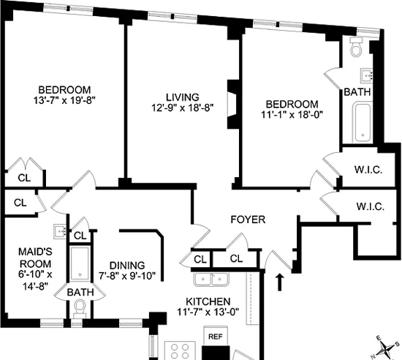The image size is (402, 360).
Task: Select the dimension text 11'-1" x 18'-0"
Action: pos(292,115)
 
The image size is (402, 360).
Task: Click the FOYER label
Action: pos(247,219)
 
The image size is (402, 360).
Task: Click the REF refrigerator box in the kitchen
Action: pos(216,337)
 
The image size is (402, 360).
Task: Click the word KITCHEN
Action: pos(208,301)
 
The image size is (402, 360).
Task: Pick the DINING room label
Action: pos(127,265)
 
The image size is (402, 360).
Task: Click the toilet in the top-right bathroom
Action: pos(356,49)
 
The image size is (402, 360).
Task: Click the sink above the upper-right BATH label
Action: pos(368,74)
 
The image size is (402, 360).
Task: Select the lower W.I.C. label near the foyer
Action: pos(369,206)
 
